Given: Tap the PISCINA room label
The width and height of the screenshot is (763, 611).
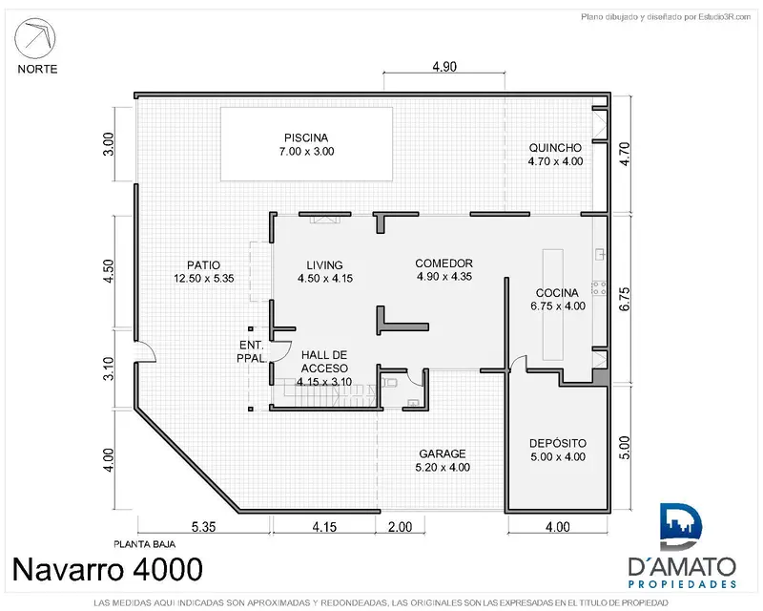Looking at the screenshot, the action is [x=306, y=137].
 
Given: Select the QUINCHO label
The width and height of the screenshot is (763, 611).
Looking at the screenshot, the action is [x=555, y=148].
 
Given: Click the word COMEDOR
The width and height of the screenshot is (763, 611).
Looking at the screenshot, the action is [x=443, y=263].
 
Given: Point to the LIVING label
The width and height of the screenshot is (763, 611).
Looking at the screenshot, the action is [x=324, y=265].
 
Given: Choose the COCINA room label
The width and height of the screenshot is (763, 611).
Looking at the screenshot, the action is [x=557, y=293].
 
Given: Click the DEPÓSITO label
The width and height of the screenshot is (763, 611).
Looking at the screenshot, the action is [x=558, y=443].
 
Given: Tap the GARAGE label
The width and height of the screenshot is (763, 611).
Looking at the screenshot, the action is [x=443, y=453].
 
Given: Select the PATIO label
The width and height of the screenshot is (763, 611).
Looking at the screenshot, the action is [x=203, y=265].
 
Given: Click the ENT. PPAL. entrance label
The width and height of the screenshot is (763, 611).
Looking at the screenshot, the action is [x=252, y=351].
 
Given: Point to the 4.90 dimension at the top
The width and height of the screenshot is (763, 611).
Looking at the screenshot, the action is [x=444, y=67].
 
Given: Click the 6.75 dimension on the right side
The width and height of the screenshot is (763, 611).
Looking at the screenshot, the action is [x=625, y=299].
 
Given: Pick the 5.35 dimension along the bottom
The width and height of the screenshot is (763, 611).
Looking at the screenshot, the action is [x=203, y=527].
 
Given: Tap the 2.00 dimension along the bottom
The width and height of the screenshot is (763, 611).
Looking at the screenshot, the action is [x=400, y=527].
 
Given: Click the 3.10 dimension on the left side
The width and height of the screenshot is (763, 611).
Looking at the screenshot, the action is [x=108, y=369].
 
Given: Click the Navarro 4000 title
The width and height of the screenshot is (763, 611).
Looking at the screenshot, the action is [x=107, y=569].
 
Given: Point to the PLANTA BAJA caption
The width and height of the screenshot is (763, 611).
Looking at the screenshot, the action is [x=145, y=544].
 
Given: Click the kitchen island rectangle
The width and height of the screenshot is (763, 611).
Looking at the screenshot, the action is [x=553, y=305].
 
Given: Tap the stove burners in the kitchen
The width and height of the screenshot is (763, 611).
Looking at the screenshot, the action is [x=599, y=288].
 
